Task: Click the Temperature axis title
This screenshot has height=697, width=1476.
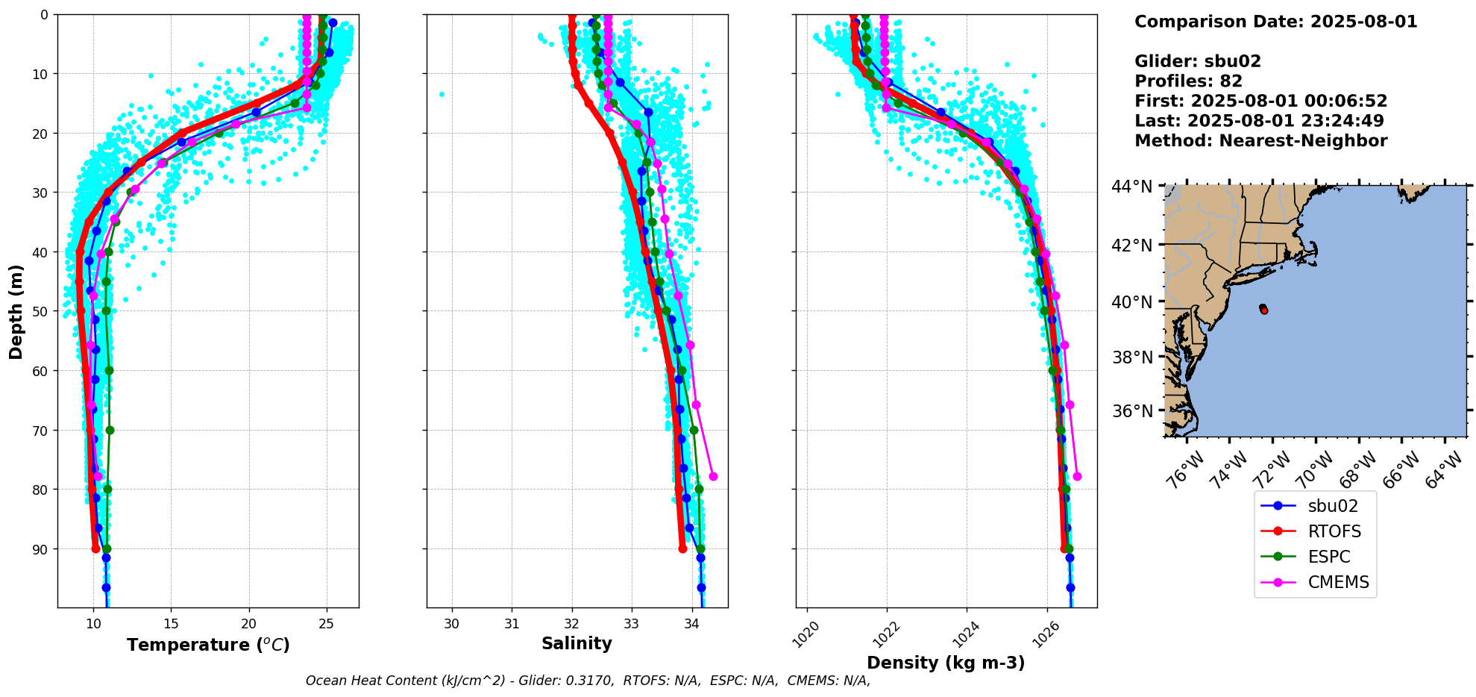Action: click(x=208, y=645)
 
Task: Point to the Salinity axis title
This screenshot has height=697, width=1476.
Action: click(x=577, y=643)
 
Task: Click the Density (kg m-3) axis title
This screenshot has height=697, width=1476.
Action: click(x=946, y=663)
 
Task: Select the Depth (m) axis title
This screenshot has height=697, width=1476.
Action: click(x=16, y=311)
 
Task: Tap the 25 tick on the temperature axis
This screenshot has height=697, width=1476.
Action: click(x=326, y=624)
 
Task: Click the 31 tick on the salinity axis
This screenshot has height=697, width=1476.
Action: click(x=512, y=624)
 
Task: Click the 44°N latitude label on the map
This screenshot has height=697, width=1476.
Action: click(x=1131, y=187)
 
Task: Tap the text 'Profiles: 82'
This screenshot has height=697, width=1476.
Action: click(x=1188, y=81)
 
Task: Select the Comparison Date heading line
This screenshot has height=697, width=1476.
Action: click(x=1275, y=22)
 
